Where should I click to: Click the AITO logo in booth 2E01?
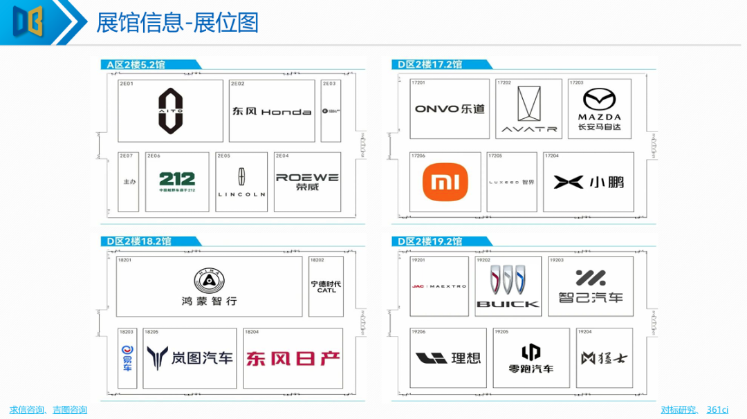[x=170, y=111]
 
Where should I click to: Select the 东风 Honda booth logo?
[x=271, y=111]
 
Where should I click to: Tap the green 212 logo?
[x=177, y=182]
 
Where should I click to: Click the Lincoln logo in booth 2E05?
[x=241, y=183]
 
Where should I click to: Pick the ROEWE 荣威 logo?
[x=307, y=182]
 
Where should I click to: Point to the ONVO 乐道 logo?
[x=450, y=109]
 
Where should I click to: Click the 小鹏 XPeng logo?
[x=589, y=182]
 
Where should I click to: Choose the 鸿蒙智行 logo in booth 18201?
[x=208, y=287]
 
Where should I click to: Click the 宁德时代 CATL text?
[x=326, y=287]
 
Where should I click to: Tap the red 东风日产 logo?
[x=293, y=358]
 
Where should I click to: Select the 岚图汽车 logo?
[x=190, y=358]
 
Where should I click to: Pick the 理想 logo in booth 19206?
[x=448, y=358]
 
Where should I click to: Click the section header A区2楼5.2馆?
[x=136, y=65]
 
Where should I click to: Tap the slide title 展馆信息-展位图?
[x=178, y=23]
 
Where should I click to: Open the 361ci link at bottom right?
[x=717, y=410]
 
